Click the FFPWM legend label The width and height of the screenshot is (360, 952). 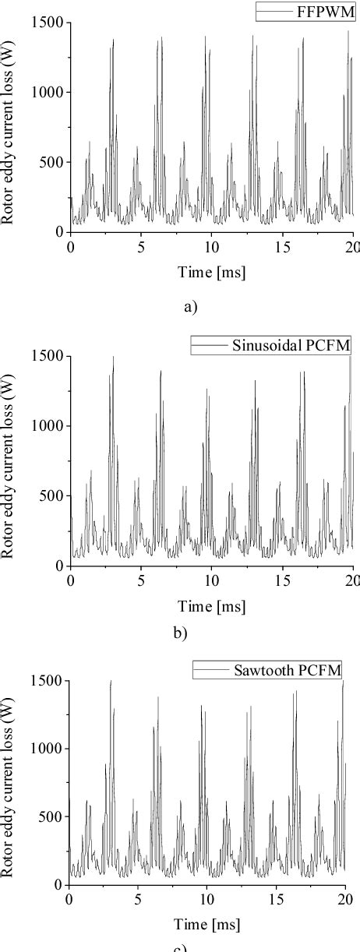click(320, 11)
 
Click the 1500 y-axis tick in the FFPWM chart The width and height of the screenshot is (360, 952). click(48, 23)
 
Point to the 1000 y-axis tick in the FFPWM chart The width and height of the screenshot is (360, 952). click(48, 92)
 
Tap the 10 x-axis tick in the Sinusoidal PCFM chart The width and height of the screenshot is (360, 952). click(210, 580)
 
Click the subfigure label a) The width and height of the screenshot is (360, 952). click(189, 306)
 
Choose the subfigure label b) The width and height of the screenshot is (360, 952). click(180, 633)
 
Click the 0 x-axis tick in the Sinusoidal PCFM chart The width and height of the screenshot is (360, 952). click(70, 580)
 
